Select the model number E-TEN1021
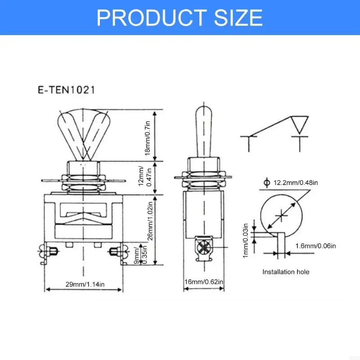66,90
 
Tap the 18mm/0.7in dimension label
148,135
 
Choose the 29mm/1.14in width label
85,284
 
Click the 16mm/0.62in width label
204,282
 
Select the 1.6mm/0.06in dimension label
315,246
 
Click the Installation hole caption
286,272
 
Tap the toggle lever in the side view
203,130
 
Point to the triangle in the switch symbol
299,123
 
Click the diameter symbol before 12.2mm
266,183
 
